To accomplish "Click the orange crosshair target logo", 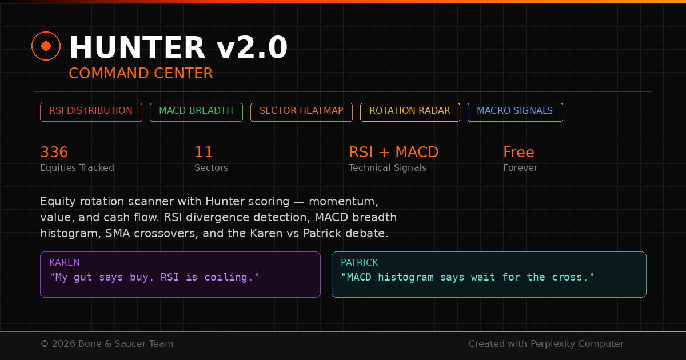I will pos(46,46).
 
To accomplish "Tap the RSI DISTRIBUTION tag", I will pos(91,111).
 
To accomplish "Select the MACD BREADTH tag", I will pos(196,111).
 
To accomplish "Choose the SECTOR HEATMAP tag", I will pos(301,111).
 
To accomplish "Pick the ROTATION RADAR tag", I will pos(410,111).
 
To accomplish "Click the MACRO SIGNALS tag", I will pos(515,111).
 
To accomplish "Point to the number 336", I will pos(54,153).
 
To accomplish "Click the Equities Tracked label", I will pos(77,168).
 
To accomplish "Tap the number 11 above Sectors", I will pos(204,153).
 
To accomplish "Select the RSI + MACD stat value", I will pos(394,153).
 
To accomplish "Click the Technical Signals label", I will pos(388,168).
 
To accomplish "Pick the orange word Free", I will pos(519,153).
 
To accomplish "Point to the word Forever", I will pos(520,168).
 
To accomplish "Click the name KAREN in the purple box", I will pos(65,263).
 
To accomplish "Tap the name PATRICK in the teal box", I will pos(360,263).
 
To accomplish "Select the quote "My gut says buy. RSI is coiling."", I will pos(154,278).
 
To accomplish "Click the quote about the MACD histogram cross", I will pos(468,278).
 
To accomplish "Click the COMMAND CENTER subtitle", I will pos(141,74).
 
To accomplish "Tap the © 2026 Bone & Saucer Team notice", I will pos(107,344).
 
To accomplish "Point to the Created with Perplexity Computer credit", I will pos(546,344).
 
